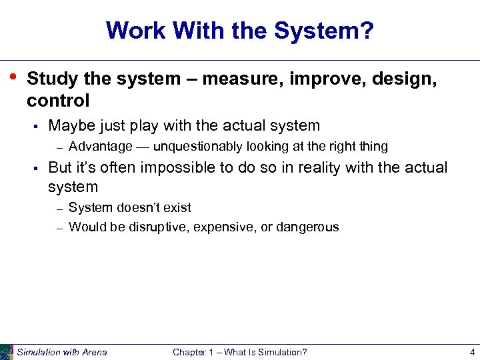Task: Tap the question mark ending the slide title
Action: [367, 30]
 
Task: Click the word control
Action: [58, 101]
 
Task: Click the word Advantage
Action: [100, 147]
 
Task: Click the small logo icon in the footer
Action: [7, 352]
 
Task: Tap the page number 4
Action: [471, 352]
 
